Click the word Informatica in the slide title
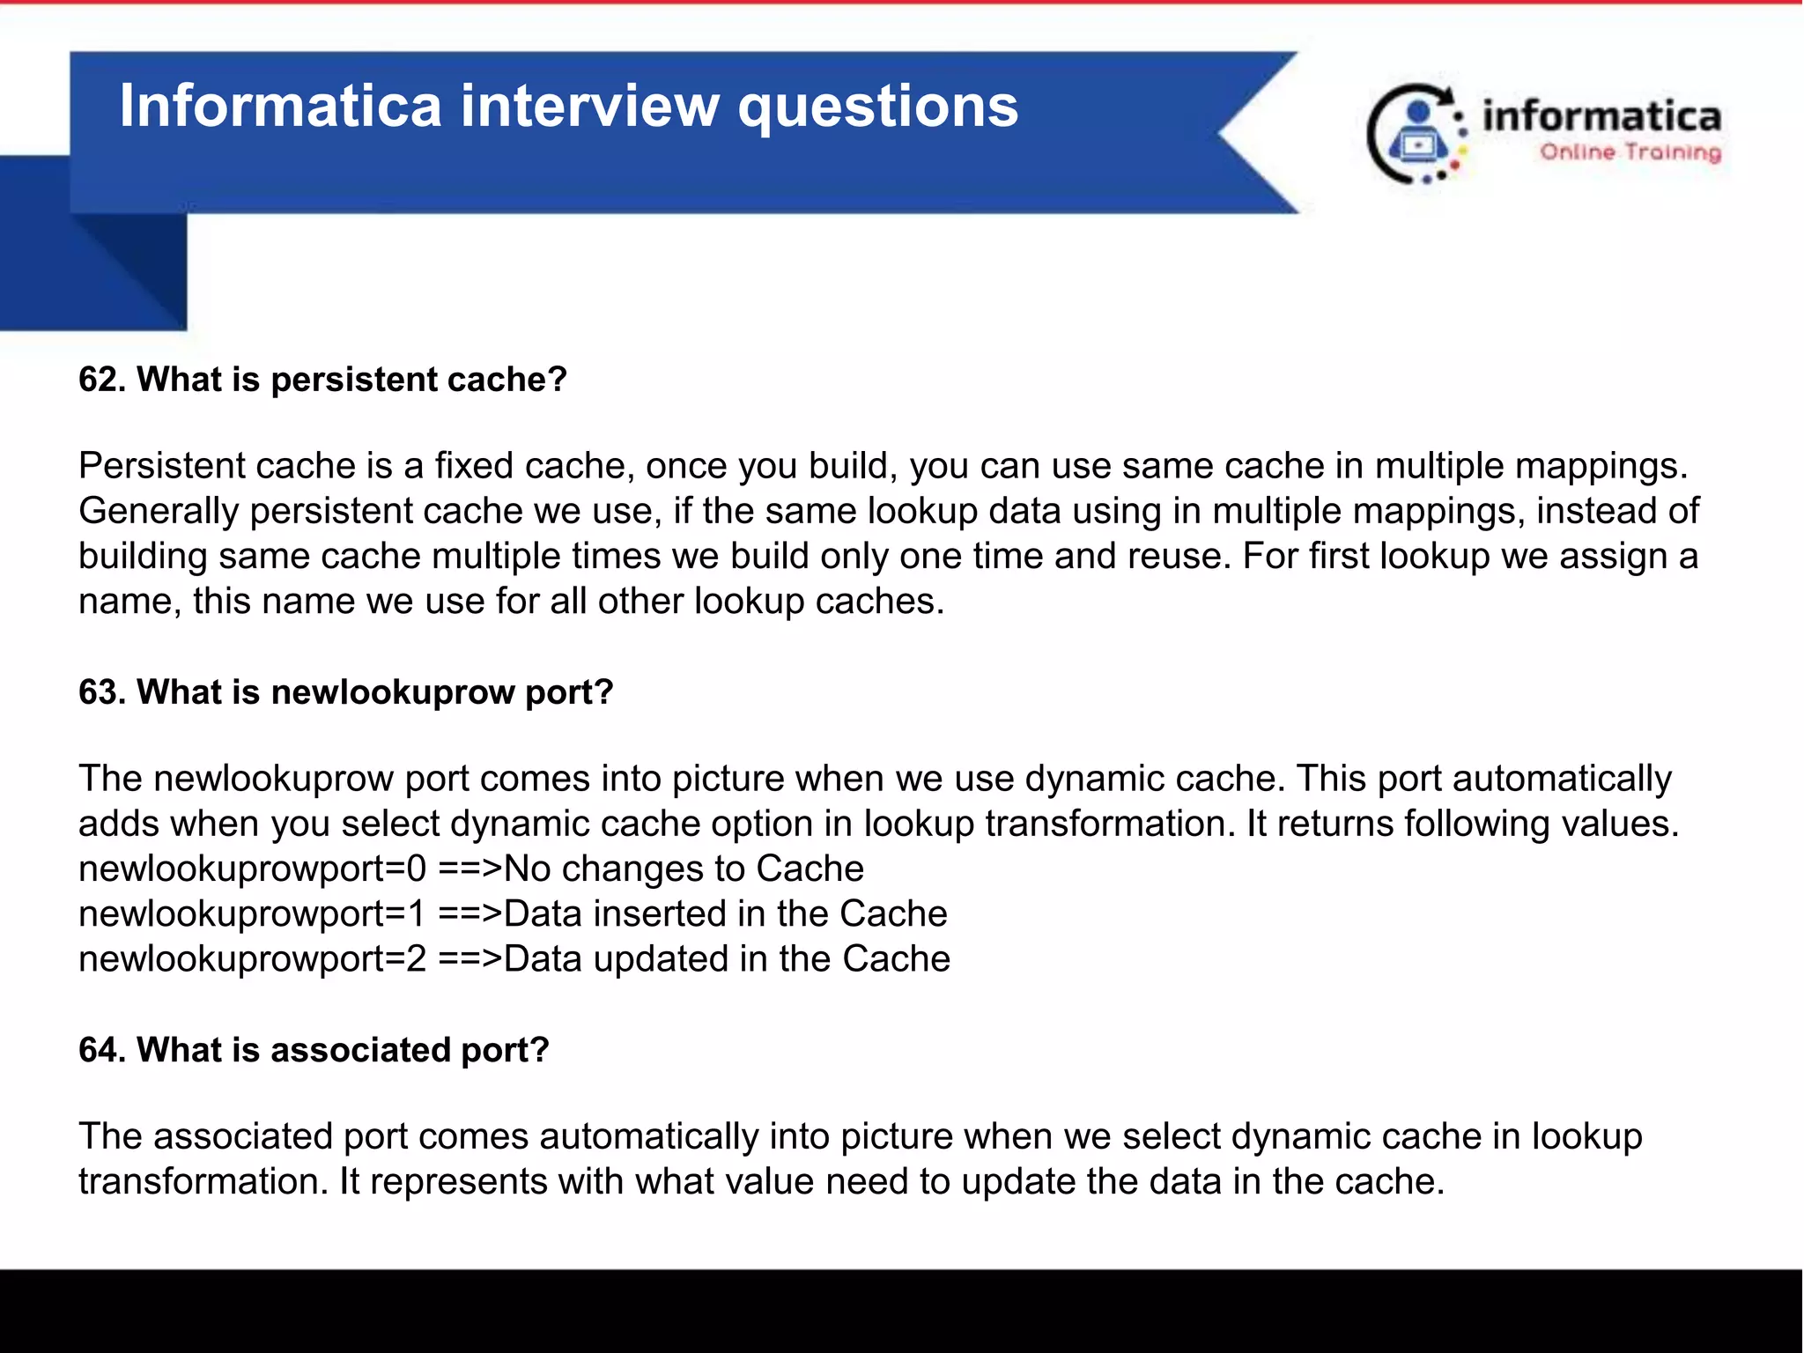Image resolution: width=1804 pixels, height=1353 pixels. [280, 106]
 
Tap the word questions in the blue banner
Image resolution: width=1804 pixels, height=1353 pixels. [877, 107]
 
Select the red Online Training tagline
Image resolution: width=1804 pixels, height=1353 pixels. [1630, 152]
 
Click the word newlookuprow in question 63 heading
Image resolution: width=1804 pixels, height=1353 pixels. [392, 692]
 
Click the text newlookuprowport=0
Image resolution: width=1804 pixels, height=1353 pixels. [252, 869]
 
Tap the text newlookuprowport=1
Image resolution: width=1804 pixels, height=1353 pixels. [252, 914]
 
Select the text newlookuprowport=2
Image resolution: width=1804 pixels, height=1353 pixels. [252, 959]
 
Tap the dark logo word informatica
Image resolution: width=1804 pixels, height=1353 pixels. [1601, 117]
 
